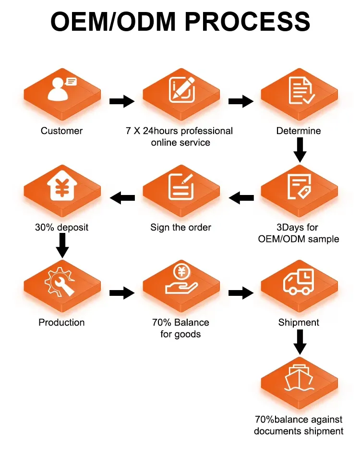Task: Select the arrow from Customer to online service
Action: (x=121, y=101)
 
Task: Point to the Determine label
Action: (x=299, y=131)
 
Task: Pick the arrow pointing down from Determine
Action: (x=300, y=150)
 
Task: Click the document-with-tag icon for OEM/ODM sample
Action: (x=299, y=187)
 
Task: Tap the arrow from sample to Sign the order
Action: (x=241, y=197)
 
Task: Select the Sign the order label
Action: (x=180, y=227)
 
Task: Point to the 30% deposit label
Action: (x=61, y=227)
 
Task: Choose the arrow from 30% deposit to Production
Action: (x=62, y=246)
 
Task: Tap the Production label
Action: (x=61, y=322)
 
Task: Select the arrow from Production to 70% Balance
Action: (x=121, y=292)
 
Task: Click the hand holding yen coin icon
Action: (x=180, y=281)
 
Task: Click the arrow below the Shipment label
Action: (x=300, y=342)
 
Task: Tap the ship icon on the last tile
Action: (x=299, y=378)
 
